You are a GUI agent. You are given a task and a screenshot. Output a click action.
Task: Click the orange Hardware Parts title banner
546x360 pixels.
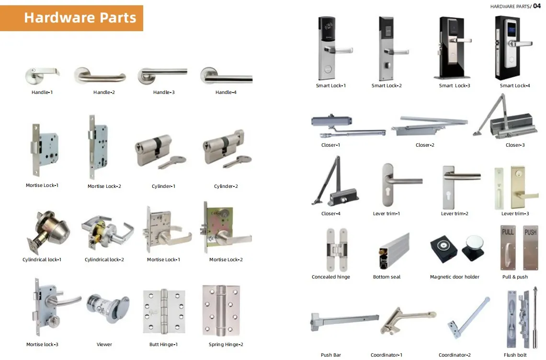click(71, 18)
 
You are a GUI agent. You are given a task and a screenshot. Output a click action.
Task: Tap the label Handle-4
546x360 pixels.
click(226, 93)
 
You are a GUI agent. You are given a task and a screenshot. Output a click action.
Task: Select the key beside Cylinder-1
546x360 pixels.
click(172, 162)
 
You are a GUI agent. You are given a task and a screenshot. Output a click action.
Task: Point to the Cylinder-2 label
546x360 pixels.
click(226, 186)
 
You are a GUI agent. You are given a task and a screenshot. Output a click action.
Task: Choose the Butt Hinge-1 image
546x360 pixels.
click(164, 311)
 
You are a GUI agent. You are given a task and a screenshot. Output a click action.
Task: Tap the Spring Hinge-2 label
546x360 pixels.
click(226, 345)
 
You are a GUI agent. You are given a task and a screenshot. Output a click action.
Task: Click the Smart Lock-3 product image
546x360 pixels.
click(453, 48)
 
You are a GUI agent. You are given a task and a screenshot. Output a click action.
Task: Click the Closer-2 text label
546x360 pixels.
click(425, 145)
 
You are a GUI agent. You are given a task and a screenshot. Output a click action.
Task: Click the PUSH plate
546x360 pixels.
click(531, 248)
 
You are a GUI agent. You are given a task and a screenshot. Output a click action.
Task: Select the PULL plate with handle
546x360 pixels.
click(508, 248)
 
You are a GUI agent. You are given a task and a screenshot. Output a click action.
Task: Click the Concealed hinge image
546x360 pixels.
click(337, 250)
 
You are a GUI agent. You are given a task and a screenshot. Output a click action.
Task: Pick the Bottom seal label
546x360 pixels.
click(387, 277)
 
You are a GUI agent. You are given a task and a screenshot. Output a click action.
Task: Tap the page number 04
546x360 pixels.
click(537, 6)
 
